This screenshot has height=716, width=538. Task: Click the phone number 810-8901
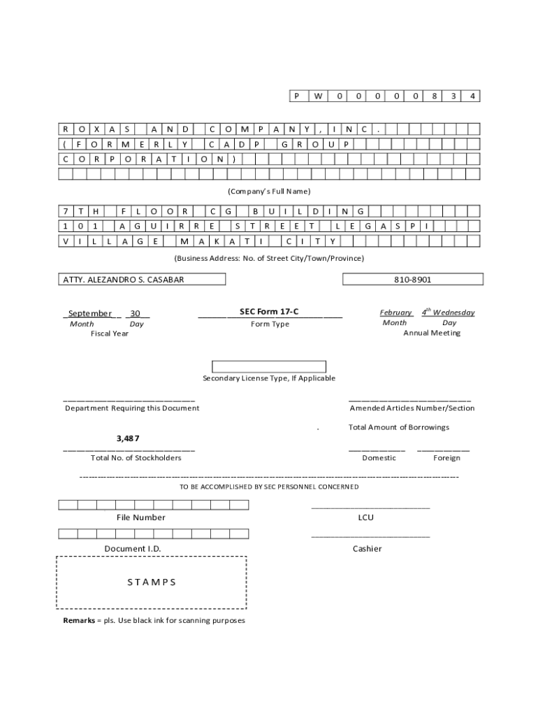[x=412, y=280]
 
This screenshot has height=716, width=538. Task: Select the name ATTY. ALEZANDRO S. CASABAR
[x=124, y=280]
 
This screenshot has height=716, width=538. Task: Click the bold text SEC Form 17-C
[x=269, y=312]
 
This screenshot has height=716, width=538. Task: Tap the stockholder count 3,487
[x=128, y=438]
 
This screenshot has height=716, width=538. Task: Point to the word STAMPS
[x=152, y=582]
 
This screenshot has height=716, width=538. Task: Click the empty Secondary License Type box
[x=269, y=366]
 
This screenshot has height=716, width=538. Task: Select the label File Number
[x=140, y=517]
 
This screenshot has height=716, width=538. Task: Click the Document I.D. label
[x=133, y=549]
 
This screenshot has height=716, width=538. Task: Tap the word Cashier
[x=367, y=549]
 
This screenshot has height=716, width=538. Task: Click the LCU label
[x=366, y=517]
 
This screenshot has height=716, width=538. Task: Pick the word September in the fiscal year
[x=89, y=313]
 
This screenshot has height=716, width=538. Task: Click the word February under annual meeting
[x=395, y=313]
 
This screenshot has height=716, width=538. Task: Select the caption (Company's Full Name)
[x=269, y=192]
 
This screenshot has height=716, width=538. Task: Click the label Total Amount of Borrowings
[x=399, y=427]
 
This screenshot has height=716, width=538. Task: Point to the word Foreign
[x=446, y=458]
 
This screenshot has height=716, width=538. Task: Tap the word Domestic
[x=379, y=458]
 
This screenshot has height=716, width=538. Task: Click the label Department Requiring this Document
[x=132, y=408]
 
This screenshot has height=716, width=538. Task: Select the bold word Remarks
[x=78, y=621]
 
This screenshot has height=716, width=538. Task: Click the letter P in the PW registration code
[x=297, y=96]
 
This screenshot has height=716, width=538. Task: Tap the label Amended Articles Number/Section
[x=412, y=408]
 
